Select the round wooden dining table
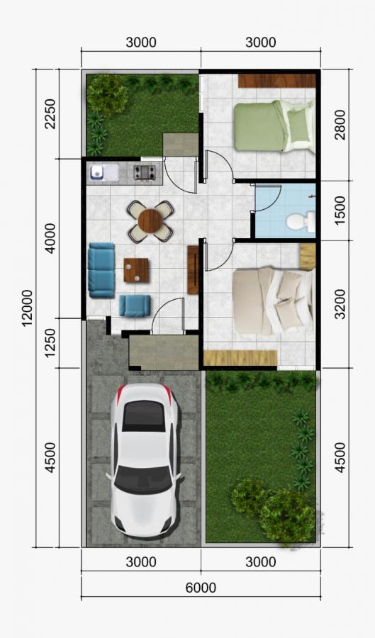pyautogui.click(x=150, y=221)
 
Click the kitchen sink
pyautogui.click(x=98, y=172)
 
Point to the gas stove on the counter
pyautogui.click(x=145, y=172)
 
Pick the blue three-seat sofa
pyautogui.click(x=101, y=270)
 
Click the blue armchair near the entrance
pyautogui.click(x=135, y=306)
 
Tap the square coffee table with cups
pyautogui.click(x=136, y=270)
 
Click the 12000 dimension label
pyautogui.click(x=27, y=308)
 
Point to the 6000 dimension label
pyautogui.click(x=201, y=588)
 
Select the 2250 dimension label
pyautogui.click(x=50, y=113)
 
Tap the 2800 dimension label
pyautogui.click(x=340, y=125)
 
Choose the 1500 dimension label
pyautogui.click(x=340, y=210)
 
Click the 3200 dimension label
pyautogui.click(x=340, y=304)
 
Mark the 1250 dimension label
pyautogui.click(x=50, y=343)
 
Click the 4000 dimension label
pyautogui.click(x=50, y=238)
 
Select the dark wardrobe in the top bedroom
pyautogui.click(x=277, y=81)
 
